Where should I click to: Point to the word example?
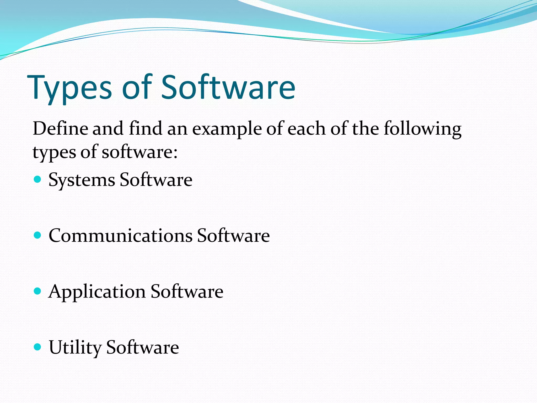tap(227, 129)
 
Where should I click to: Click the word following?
tap(422, 129)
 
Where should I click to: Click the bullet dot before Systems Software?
tap(38, 179)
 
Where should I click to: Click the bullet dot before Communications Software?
tap(38, 235)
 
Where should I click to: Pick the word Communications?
tap(121, 235)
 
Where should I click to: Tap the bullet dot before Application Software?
tap(38, 291)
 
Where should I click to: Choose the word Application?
tap(97, 292)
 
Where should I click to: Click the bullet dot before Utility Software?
tap(38, 347)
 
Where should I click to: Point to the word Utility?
tap(75, 348)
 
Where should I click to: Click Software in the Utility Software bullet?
tap(143, 347)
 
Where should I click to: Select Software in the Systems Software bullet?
tap(156, 180)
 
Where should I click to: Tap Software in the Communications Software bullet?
tap(233, 235)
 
